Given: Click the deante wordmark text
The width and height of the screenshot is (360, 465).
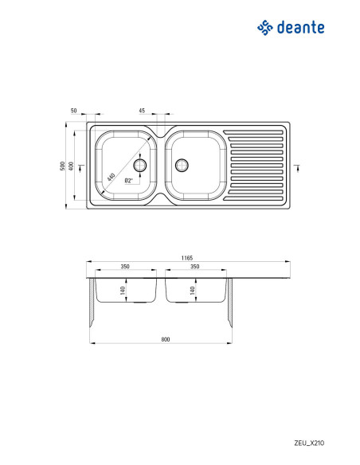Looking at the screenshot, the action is [300, 28].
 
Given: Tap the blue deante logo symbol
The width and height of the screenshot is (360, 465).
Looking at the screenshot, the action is [264, 28].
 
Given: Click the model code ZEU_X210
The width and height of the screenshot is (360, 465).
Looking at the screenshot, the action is [309, 443].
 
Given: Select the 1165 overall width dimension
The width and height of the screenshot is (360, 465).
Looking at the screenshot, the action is [187, 258].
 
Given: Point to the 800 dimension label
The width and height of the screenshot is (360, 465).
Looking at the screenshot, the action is [166, 339].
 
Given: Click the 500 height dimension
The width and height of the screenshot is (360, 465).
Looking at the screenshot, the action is [62, 166].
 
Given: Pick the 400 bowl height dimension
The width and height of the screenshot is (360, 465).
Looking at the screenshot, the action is [71, 166].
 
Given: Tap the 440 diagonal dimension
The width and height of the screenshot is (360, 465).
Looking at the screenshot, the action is [111, 178].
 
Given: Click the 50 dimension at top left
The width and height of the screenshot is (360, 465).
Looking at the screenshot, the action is [73, 111].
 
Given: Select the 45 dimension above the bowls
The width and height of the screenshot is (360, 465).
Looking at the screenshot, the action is [142, 111].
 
